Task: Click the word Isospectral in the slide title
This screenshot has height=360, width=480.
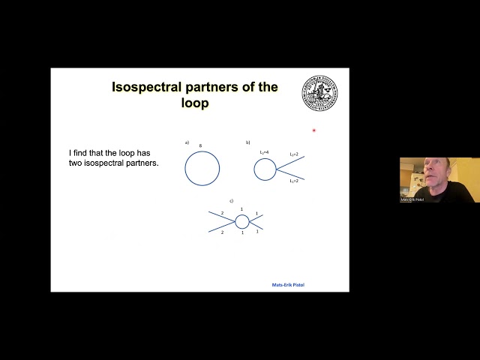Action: tap(142, 87)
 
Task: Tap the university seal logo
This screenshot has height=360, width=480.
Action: tap(319, 94)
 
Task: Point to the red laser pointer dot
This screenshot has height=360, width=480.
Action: tap(313, 130)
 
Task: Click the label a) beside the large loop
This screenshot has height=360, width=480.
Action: tap(187, 142)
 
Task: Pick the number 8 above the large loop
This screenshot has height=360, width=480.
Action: tap(200, 145)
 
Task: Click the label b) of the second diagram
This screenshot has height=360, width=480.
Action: tap(247, 142)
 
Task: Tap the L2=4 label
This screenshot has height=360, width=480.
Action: tap(264, 152)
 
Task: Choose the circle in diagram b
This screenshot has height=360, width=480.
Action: tap(265, 169)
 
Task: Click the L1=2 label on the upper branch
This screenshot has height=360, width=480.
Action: tap(294, 154)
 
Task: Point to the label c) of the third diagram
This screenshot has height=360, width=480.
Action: tap(232, 201)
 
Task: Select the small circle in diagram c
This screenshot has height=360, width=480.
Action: tap(241, 221)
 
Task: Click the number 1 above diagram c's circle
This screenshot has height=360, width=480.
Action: tap(241, 209)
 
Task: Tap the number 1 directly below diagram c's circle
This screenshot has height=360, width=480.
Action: tap(241, 233)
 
